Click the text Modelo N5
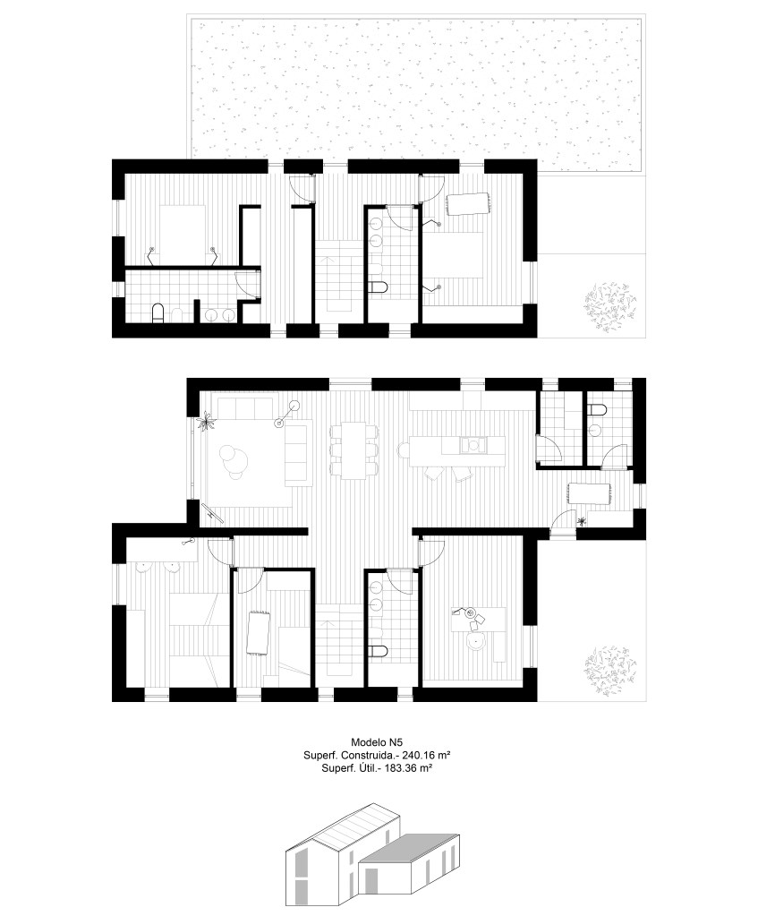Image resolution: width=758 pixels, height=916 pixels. (377, 744)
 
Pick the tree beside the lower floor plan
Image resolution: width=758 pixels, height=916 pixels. (610, 667)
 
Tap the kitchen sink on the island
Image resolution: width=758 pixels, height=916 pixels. (472, 444)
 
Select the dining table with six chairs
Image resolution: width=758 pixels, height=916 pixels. (353, 449)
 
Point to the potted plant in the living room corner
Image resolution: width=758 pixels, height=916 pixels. (207, 421)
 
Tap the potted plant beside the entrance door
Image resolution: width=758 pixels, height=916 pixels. (582, 522)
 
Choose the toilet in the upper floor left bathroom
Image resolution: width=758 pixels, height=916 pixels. (158, 313)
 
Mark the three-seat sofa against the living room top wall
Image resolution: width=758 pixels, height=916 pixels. (246, 406)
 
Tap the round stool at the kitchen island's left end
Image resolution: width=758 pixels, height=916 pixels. (403, 449)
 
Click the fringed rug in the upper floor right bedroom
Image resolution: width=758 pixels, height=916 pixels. (468, 203)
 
